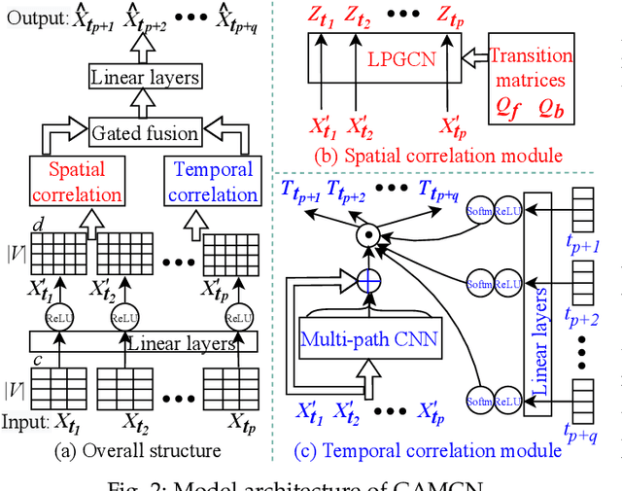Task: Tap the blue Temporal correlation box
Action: [x=215, y=182]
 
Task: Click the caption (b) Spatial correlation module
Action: [x=439, y=155]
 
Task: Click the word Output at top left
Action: [x=32, y=18]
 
